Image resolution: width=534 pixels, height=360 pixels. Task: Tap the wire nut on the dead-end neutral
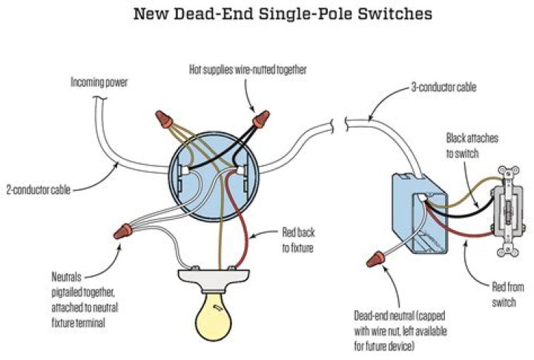(x=375, y=260)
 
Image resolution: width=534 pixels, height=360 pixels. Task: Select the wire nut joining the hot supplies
(x=260, y=120)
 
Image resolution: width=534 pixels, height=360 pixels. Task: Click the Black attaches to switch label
(x=475, y=144)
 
